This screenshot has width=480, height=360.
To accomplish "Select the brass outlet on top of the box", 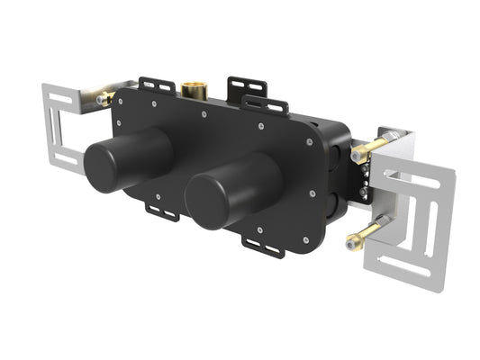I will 191,90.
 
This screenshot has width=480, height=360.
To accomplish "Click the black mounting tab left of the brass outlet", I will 155,85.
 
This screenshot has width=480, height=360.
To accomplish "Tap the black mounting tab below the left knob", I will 162,212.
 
